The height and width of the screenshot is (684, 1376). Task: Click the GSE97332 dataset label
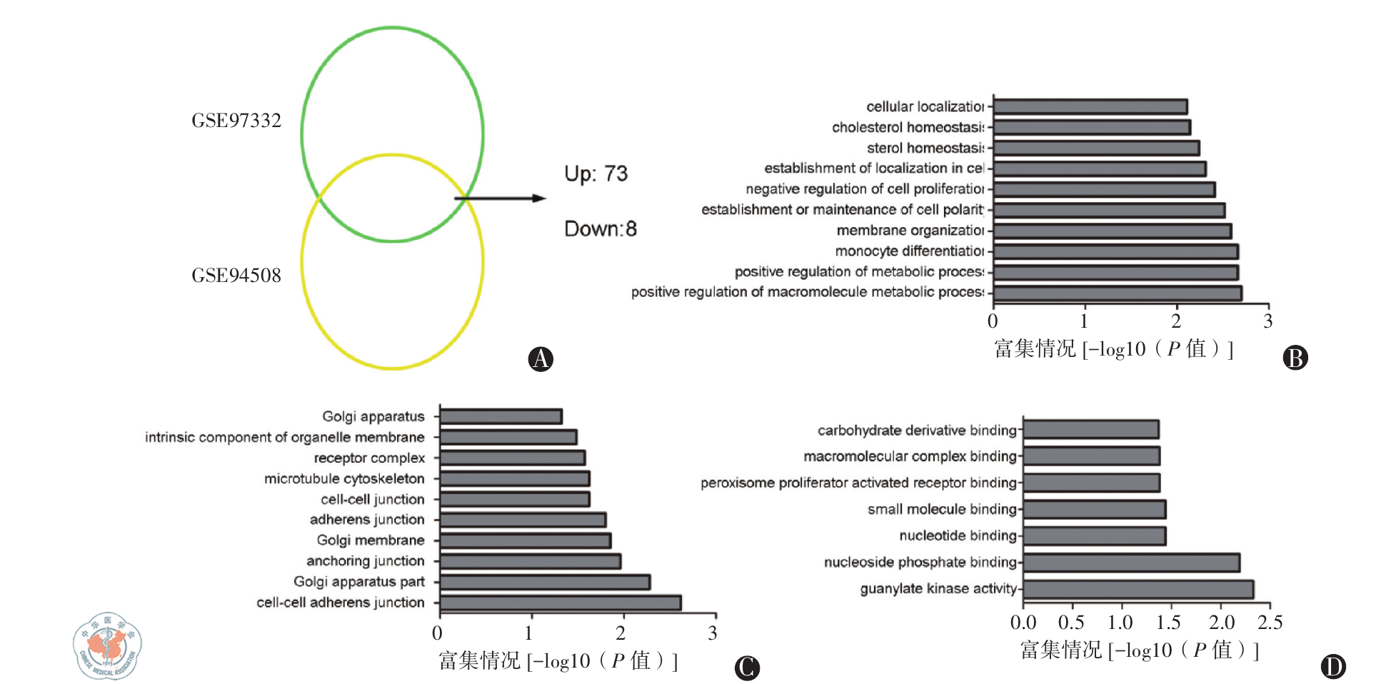236,121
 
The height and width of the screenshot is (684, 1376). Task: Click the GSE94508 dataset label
236,276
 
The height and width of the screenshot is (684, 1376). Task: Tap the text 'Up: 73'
596,174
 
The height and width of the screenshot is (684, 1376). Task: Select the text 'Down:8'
600,229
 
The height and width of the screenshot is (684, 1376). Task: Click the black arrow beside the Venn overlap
500,198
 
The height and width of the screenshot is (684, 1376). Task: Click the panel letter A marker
541,358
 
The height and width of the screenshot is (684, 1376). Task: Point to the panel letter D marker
1332,667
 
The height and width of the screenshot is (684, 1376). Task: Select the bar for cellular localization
1090,107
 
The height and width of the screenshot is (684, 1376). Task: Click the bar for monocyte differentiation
1115,251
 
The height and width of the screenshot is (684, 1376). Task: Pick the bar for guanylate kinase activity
1138,589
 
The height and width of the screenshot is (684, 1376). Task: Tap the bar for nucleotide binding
1094,535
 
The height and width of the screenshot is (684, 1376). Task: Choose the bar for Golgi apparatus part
545,582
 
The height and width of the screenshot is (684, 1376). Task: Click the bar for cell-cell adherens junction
561,603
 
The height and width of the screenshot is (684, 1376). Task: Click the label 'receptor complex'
369,458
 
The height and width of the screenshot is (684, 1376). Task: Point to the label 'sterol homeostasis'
925,149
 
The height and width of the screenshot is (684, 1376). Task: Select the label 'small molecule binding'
941,510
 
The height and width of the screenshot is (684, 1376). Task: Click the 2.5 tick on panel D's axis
1270,623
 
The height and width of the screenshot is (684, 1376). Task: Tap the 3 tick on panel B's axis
1267,321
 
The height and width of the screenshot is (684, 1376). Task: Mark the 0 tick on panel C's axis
438,633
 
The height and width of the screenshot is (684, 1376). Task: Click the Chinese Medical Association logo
107,645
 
